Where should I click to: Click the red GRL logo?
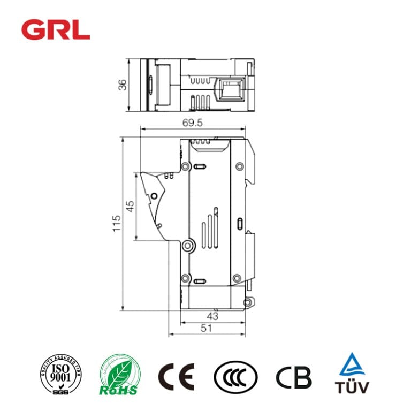[56, 29]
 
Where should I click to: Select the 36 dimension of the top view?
[123, 85]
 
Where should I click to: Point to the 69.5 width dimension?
[192, 123]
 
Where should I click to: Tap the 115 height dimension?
[116, 223]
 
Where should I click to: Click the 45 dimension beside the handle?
[130, 206]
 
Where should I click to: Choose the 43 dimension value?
[212, 316]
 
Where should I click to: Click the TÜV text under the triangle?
[352, 387]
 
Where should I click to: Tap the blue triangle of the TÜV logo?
[352, 365]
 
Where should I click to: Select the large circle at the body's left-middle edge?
[187, 246]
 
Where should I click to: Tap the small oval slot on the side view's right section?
[239, 223]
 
